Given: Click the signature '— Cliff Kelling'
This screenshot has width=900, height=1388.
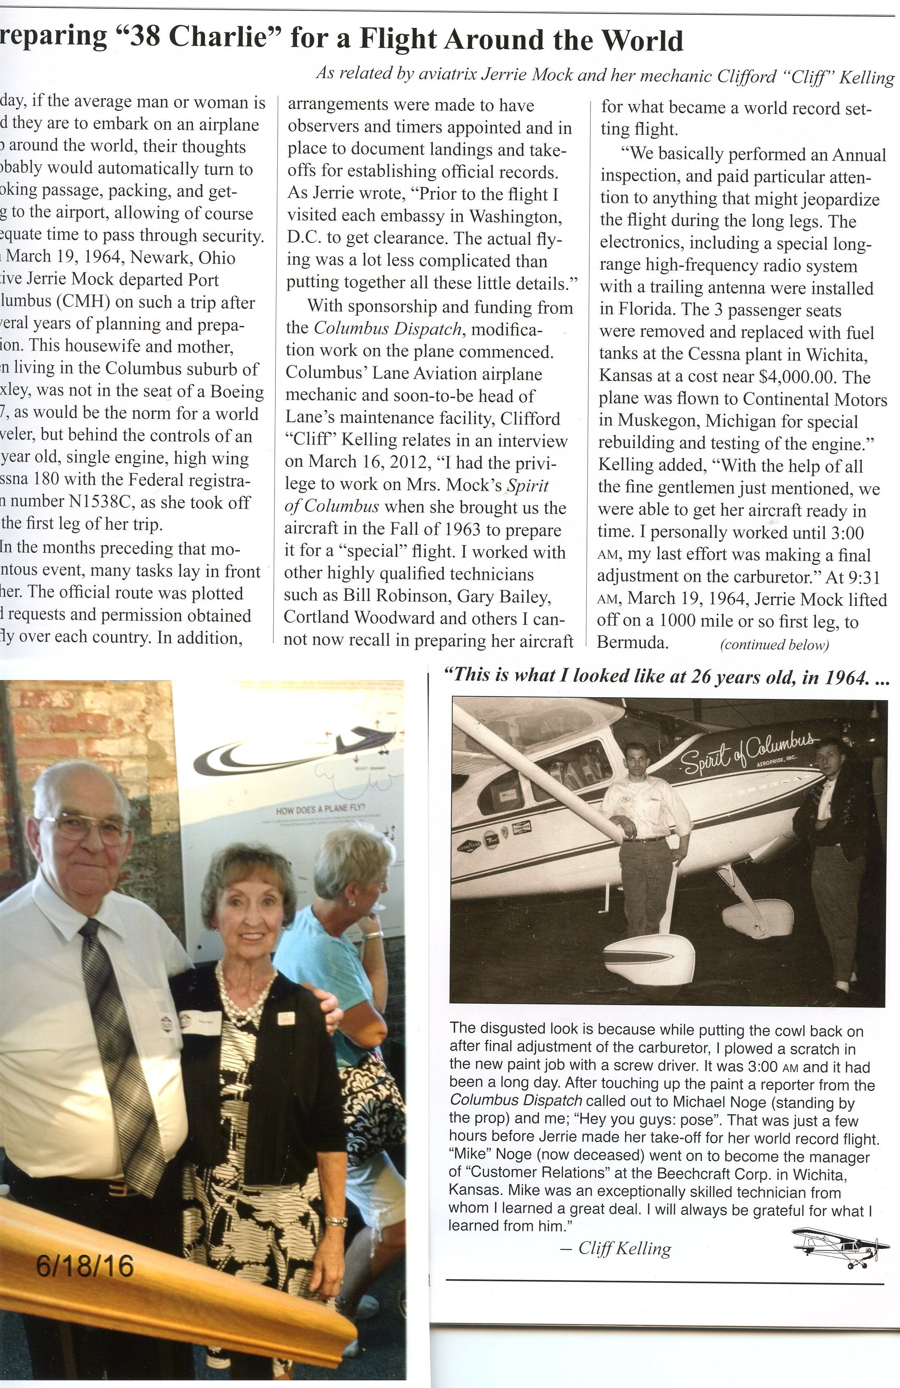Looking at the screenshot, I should coord(615,1249).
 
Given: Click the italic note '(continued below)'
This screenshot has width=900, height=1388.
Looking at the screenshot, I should coord(774,644).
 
